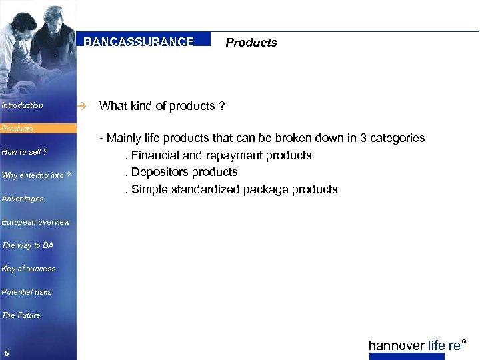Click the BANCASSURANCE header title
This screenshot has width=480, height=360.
coord(139,41)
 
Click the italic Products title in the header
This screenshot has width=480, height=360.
coord(251,43)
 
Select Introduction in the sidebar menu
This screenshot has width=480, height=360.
coord(23,105)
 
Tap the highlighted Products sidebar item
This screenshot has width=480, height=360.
coord(17,129)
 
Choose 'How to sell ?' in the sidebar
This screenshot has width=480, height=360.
coord(25,152)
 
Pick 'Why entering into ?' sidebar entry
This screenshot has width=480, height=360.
coord(36,175)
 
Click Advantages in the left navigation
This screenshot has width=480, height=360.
coord(23,199)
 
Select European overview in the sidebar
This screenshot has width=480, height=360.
coord(35,222)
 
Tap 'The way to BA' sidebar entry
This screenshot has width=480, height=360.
coord(27,245)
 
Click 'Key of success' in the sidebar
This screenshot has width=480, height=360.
coord(29,269)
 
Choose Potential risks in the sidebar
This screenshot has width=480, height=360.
coord(27,292)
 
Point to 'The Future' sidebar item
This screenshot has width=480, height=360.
coord(21,315)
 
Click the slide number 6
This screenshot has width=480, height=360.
coord(6,353)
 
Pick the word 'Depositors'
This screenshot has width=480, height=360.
coord(159,172)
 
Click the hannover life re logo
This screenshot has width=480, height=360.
coord(416,345)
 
